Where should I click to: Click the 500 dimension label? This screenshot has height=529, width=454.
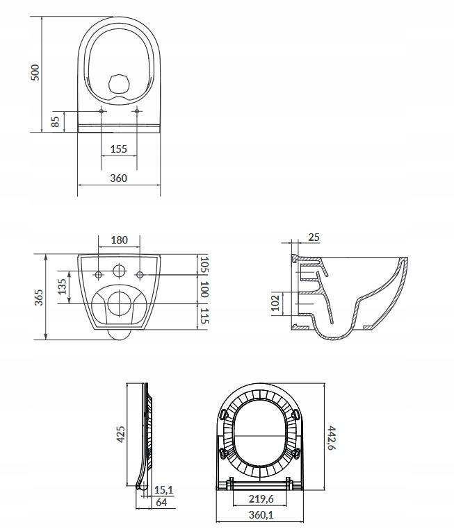click(x=35, y=72)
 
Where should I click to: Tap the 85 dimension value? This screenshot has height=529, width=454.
click(x=56, y=121)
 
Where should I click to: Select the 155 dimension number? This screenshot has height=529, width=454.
click(x=119, y=149)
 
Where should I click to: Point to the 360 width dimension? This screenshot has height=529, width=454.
click(x=119, y=178)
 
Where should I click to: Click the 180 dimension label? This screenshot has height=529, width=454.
click(x=120, y=240)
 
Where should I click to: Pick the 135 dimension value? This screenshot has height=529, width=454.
click(x=63, y=287)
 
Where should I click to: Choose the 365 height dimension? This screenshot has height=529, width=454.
click(x=39, y=297)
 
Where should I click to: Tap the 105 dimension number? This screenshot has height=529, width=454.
click(x=204, y=264)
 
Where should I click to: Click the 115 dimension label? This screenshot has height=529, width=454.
click(x=204, y=316)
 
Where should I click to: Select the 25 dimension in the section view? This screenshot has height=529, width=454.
click(x=314, y=237)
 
